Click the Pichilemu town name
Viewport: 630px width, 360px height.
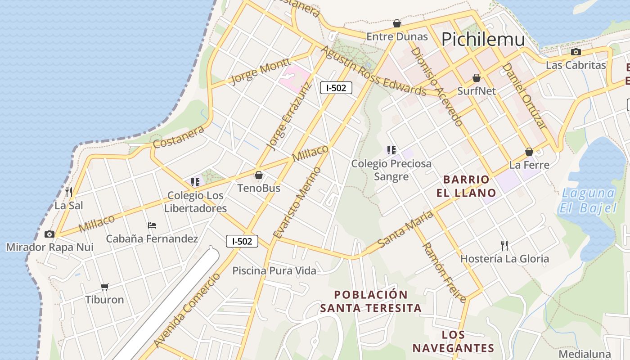pos(483,40)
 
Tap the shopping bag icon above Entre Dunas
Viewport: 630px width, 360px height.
pos(397,23)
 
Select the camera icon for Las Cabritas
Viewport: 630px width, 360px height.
pos(576,52)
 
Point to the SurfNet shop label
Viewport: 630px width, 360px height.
pos(477,91)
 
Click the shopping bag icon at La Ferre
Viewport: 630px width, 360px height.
pos(529,152)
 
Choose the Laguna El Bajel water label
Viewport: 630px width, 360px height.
pos(588,201)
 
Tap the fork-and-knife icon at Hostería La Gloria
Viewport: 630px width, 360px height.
pos(504,245)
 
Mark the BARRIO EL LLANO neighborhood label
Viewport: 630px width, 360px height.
pos(466,186)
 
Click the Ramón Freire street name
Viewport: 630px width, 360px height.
pos(444,273)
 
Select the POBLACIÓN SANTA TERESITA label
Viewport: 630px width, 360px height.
pos(371,301)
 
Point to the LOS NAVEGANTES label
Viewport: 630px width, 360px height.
pos(453,342)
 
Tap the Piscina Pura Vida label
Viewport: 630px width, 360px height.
pos(274,270)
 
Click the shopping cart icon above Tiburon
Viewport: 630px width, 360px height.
pos(105,287)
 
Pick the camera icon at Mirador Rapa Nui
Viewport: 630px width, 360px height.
pos(49,234)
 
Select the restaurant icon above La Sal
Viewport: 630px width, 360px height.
pos(69,192)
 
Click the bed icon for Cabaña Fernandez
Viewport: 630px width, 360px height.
pos(152,225)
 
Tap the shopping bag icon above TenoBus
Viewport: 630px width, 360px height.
pos(259,175)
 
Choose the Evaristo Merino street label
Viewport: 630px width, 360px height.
pos(297,202)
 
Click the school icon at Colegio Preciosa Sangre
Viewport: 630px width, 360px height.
pos(391,150)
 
